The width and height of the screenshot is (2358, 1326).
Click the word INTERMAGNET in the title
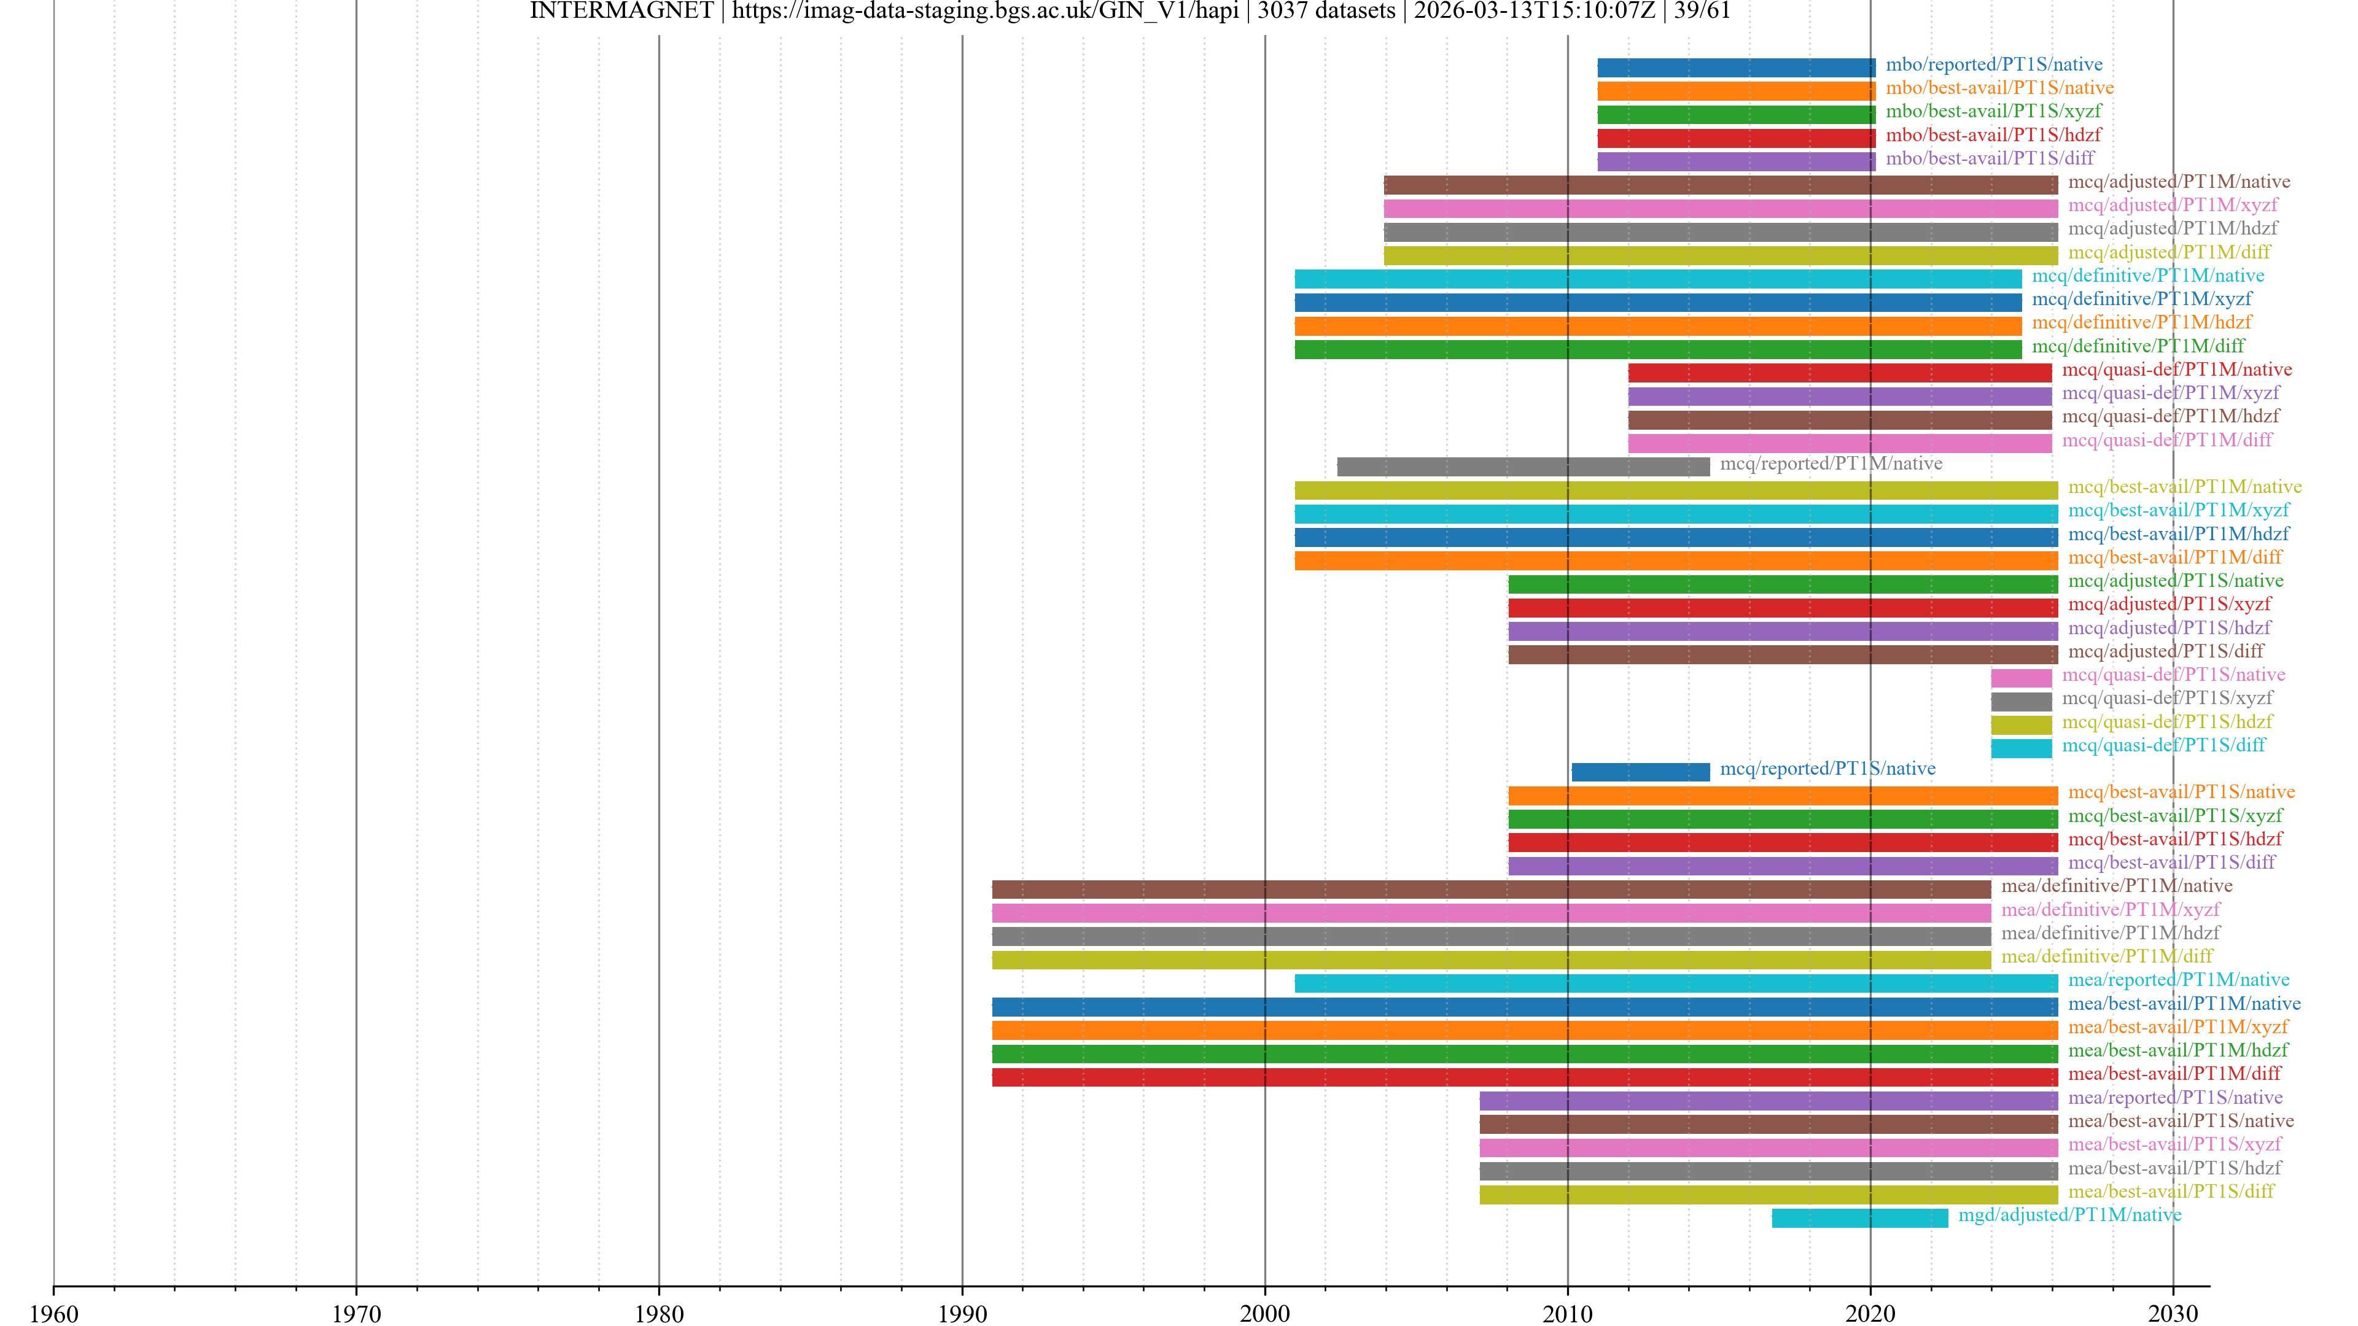(x=621, y=11)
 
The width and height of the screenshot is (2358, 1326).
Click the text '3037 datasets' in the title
(x=1326, y=11)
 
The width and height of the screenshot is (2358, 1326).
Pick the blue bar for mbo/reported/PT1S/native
(x=1735, y=68)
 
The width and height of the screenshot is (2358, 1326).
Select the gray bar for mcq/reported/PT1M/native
(x=1522, y=467)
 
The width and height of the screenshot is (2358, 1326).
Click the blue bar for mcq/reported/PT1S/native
(x=1640, y=772)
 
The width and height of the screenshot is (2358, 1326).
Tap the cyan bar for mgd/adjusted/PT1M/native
(x=1859, y=1218)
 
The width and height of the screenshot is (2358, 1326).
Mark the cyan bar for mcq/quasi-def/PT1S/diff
(x=2021, y=748)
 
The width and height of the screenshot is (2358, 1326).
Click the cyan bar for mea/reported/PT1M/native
(x=1676, y=983)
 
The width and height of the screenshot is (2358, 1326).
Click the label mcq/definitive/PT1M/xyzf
(x=2141, y=299)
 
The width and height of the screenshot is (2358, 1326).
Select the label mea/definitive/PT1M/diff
(x=2106, y=956)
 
